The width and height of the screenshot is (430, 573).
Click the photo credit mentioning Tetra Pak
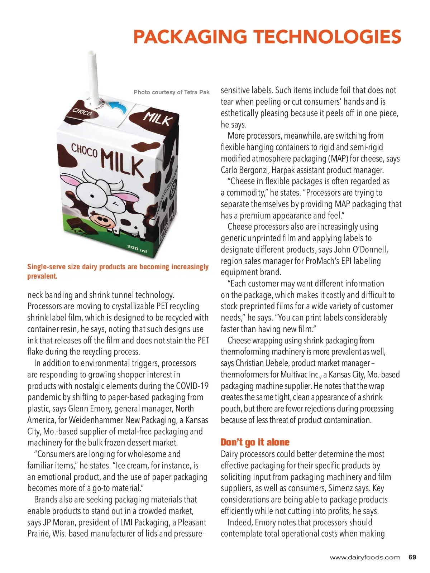click(x=171, y=92)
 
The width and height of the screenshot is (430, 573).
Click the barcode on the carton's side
click(x=164, y=226)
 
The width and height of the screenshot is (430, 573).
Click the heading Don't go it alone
click(x=255, y=442)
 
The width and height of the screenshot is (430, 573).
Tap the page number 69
click(x=412, y=557)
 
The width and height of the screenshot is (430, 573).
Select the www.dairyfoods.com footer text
click(x=365, y=557)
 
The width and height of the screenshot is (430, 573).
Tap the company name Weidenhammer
click(x=96, y=420)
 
